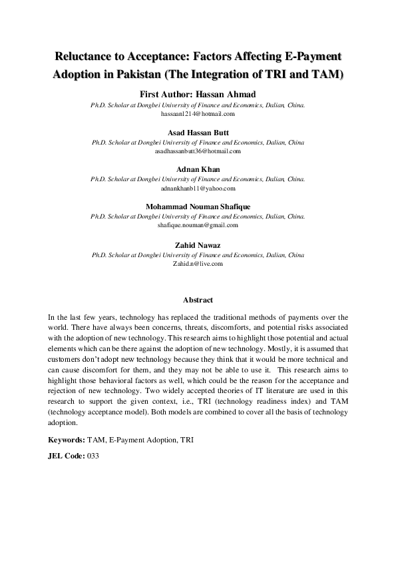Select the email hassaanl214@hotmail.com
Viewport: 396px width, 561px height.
tap(198, 114)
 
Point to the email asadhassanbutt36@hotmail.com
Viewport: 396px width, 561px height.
tap(198, 151)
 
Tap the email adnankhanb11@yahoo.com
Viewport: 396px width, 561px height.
tap(198, 189)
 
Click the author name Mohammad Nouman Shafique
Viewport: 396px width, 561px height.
tap(198, 207)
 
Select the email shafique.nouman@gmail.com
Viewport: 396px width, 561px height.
tap(198, 226)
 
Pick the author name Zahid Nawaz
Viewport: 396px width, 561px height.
tap(198, 245)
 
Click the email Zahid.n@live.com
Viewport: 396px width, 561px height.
tap(198, 263)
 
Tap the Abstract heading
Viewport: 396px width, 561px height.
tap(198, 300)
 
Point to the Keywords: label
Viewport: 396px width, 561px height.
tap(66, 441)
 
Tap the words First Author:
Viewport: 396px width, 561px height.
tap(168, 94)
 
